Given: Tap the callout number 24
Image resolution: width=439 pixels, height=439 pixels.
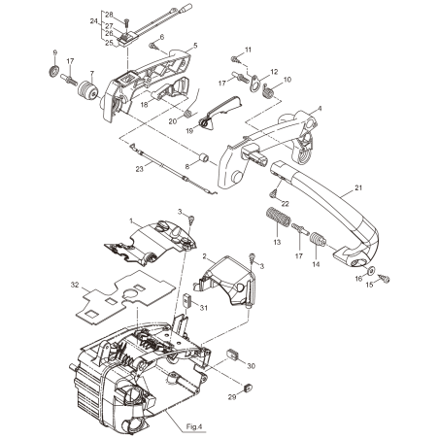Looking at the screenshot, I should pyautogui.click(x=93, y=19).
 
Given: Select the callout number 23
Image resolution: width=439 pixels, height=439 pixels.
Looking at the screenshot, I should pyautogui.click(x=141, y=168).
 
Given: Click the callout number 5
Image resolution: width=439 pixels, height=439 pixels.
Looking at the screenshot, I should pyautogui.click(x=194, y=46).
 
